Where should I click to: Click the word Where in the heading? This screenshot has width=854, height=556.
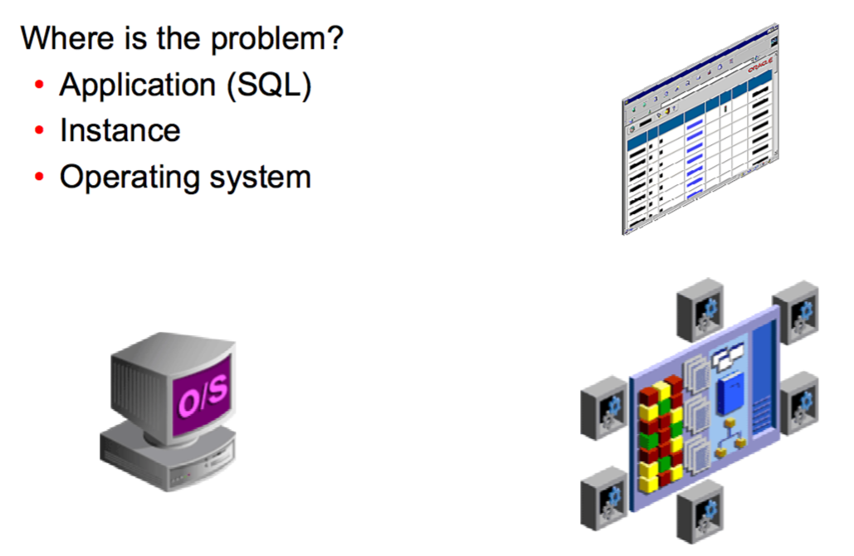coord(61,38)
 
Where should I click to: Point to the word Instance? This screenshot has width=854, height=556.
coord(120,131)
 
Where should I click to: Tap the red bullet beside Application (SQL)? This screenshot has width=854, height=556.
coord(39,86)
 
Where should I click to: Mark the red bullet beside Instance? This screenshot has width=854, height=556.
coord(39,133)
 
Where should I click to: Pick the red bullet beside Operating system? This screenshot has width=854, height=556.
coord(39,178)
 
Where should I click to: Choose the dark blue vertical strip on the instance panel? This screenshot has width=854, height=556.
coord(763,382)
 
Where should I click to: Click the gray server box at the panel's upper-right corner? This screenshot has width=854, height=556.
coord(795,312)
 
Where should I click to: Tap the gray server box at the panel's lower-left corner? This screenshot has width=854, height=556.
coord(603,496)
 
